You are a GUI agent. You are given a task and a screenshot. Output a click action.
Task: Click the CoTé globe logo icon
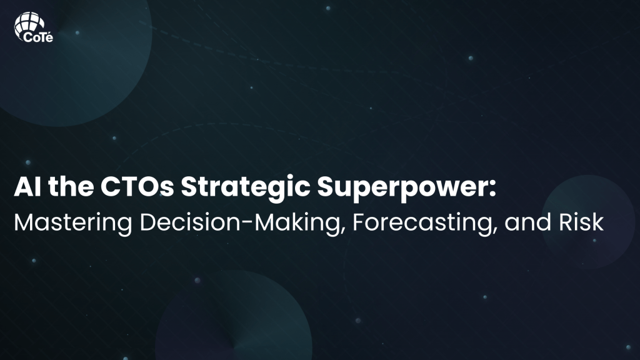point(29,24)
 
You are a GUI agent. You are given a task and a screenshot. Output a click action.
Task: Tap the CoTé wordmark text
point(38,37)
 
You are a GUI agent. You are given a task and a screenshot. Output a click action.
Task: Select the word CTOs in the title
point(137,187)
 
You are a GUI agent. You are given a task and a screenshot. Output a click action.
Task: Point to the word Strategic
point(245,188)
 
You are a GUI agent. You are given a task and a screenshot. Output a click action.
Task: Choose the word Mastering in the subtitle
point(73,224)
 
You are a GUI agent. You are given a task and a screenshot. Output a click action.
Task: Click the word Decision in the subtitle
point(190,222)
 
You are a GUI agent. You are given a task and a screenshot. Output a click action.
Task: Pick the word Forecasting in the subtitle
point(422,224)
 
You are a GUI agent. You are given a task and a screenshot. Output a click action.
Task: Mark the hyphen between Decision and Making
point(247,224)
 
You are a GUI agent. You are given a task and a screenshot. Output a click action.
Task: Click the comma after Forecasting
point(495,232)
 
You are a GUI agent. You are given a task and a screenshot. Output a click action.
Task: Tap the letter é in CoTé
point(49,37)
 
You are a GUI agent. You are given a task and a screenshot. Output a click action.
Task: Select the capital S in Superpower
point(326,187)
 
